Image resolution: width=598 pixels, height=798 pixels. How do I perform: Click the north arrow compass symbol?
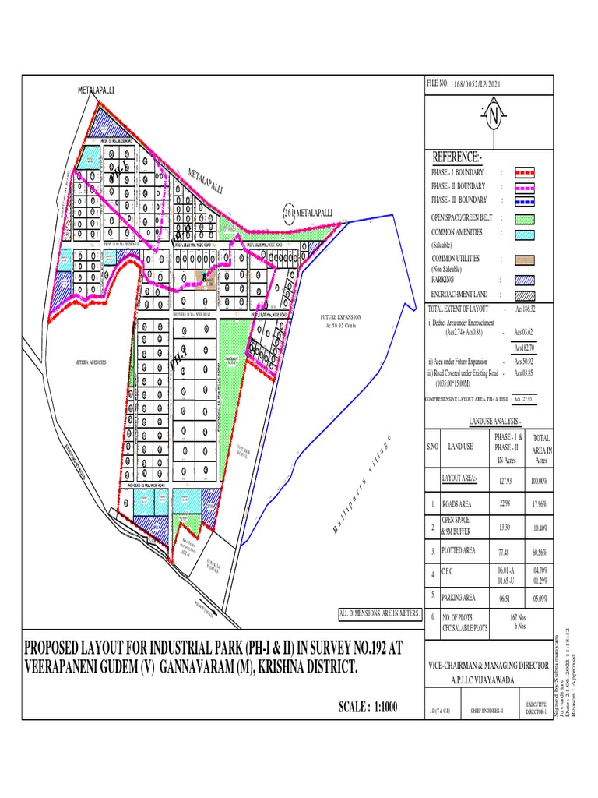[x=493, y=118]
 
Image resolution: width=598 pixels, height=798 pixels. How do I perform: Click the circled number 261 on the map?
[x=289, y=211]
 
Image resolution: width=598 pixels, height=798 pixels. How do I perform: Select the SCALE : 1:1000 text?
[x=368, y=708]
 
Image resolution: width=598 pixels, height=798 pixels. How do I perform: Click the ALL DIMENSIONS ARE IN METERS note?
[x=379, y=614]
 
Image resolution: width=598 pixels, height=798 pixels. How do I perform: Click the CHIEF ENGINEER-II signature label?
[x=488, y=711]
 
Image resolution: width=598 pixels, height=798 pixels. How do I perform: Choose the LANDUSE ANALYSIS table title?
[x=494, y=420]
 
